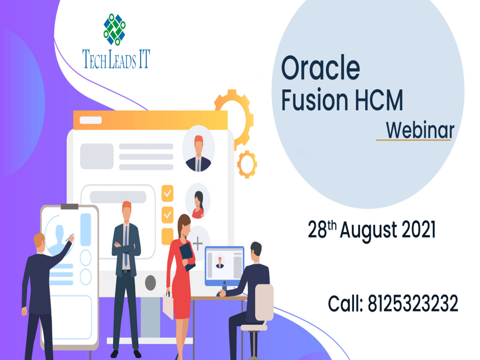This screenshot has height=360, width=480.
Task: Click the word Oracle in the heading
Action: [x=320, y=68]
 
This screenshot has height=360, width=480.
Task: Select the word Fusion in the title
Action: [x=311, y=100]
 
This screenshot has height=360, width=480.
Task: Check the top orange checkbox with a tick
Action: [x=167, y=193]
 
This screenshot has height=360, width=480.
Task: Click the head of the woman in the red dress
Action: [x=183, y=224]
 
